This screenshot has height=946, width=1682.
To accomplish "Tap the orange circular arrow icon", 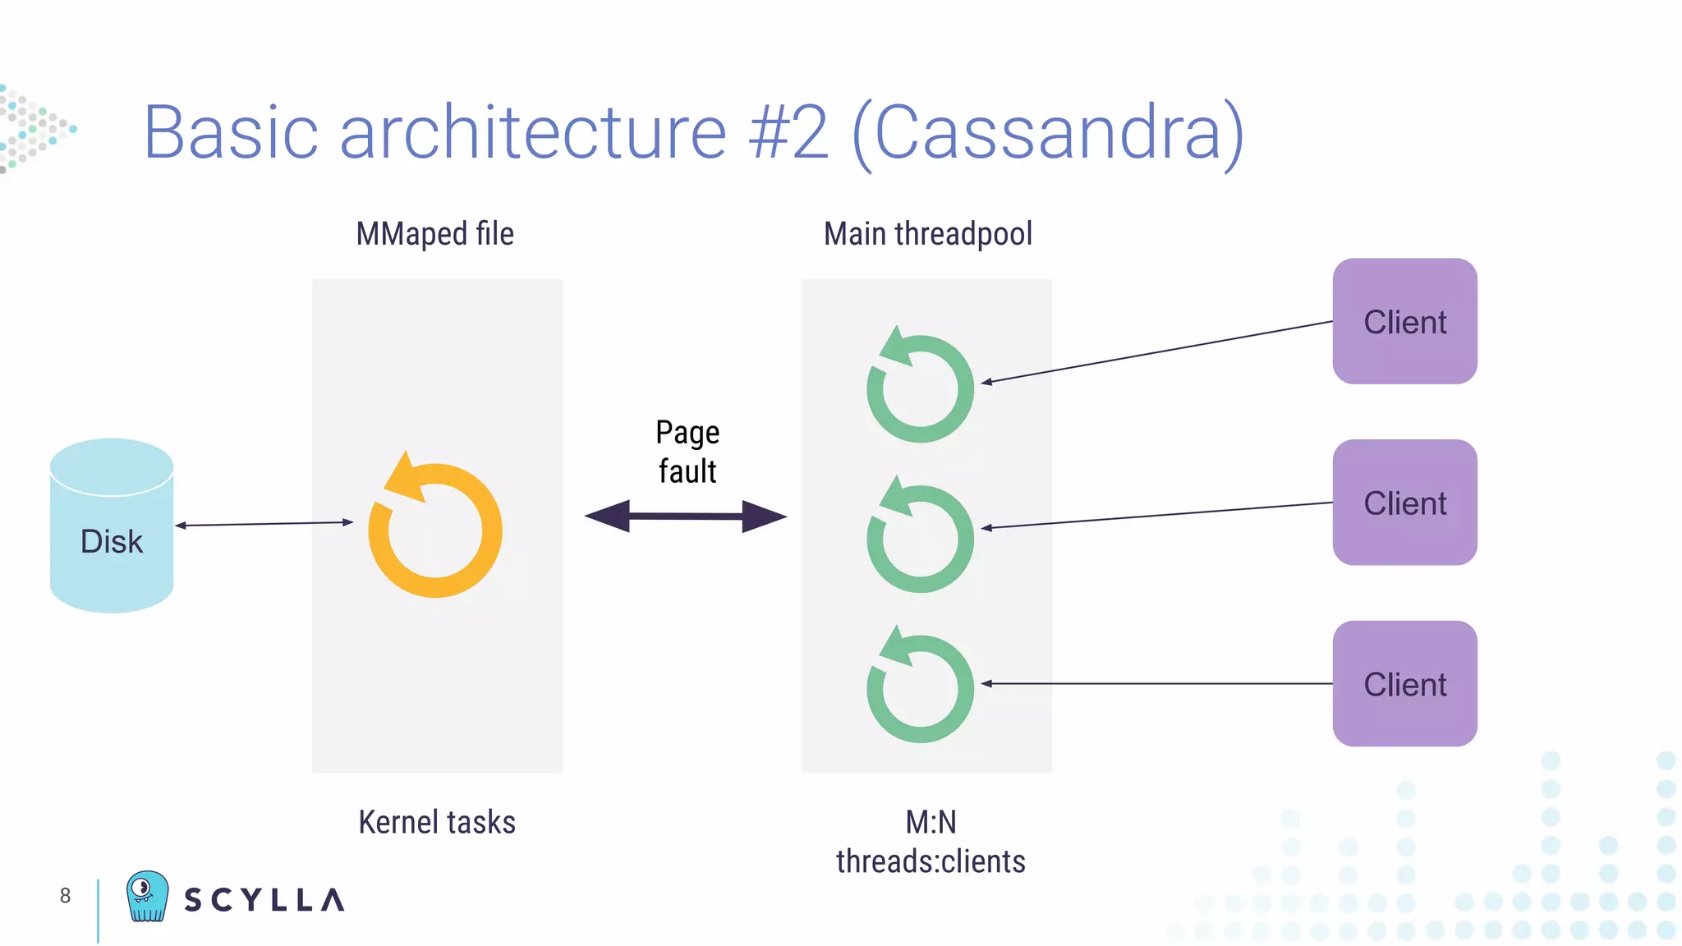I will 435,530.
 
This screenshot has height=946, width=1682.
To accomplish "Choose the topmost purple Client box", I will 1404,321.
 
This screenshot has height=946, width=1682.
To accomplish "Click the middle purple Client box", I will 1404,503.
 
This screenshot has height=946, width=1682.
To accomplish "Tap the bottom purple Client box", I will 1404,683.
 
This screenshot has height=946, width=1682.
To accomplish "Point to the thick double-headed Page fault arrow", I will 686,517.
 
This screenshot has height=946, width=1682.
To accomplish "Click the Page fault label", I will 687,452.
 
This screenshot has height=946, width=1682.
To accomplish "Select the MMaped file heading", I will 434,234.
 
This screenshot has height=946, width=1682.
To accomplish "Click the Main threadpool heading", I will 927,234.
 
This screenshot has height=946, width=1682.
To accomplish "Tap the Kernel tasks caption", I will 437,822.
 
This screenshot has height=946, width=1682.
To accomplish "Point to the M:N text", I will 931,822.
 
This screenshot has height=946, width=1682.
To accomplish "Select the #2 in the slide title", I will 788,133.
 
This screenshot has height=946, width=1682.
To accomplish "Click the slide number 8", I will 65,896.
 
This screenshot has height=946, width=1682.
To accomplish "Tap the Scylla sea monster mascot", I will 147,897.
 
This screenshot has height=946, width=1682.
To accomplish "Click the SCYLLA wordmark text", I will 264,900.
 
